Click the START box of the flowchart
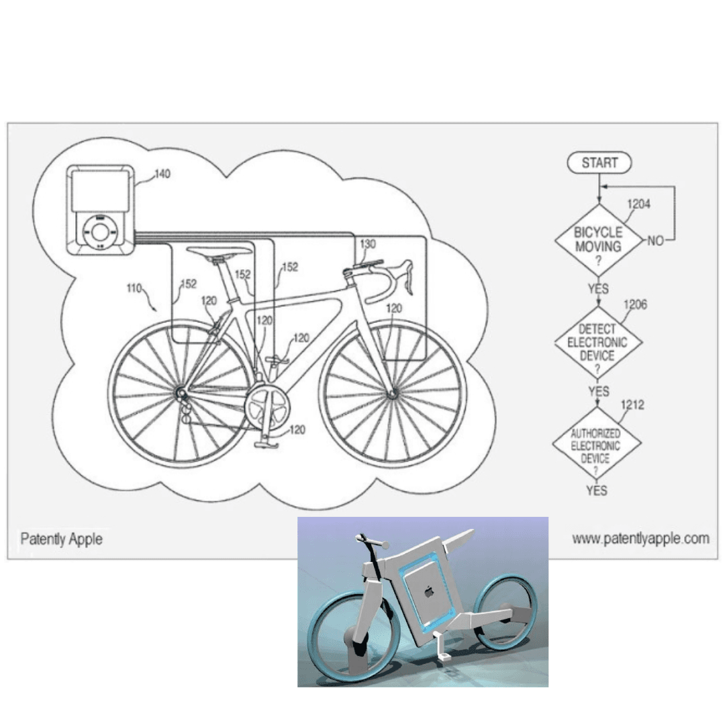pyautogui.click(x=599, y=163)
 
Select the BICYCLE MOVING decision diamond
pyautogui.click(x=598, y=240)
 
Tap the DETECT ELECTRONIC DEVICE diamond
pyautogui.click(x=598, y=342)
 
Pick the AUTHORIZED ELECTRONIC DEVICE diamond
pyautogui.click(x=596, y=444)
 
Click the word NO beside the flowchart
pyautogui.click(x=655, y=240)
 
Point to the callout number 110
pyautogui.click(x=134, y=289)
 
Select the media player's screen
pyautogui.click(x=99, y=190)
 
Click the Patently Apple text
pyautogui.click(x=61, y=538)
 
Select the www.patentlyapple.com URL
pyautogui.click(x=640, y=538)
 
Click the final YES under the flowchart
pyautogui.click(x=595, y=491)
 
